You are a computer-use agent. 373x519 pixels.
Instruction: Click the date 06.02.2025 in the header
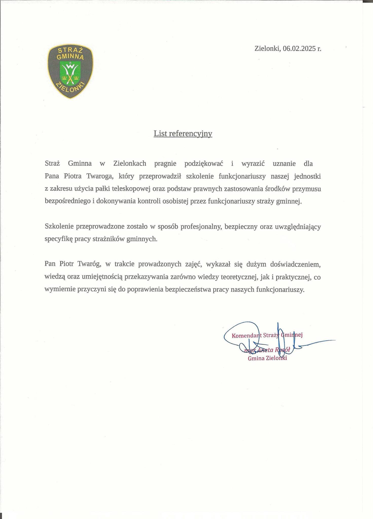pyautogui.click(x=299, y=48)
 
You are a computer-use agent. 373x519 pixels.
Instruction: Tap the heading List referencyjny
pyautogui.click(x=183, y=133)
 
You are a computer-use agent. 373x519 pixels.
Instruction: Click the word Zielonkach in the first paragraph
pyautogui.click(x=130, y=163)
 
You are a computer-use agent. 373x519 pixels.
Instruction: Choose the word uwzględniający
pyautogui.click(x=298, y=227)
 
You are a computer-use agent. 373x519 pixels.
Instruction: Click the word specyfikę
pyautogui.click(x=59, y=239)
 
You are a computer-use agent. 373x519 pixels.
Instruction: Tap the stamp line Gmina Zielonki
pyautogui.click(x=267, y=358)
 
